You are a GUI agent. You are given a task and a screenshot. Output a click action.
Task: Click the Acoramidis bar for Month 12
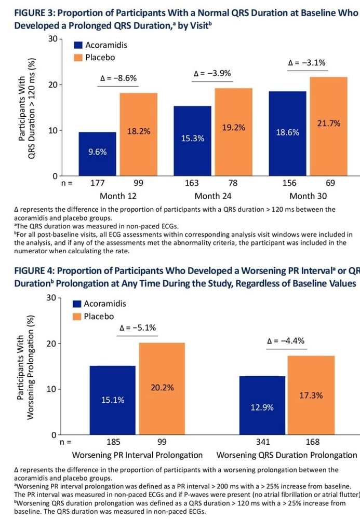(98, 154)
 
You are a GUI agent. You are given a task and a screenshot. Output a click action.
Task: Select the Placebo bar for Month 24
(234, 132)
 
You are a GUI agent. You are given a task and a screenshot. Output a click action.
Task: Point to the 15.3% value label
(193, 139)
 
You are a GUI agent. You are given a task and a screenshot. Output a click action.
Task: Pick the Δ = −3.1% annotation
(306, 63)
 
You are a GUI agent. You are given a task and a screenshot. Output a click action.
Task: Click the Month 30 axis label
(309, 196)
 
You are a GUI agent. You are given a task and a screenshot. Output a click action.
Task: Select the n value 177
(98, 183)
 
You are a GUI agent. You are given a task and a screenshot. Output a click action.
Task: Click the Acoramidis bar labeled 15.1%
(112, 400)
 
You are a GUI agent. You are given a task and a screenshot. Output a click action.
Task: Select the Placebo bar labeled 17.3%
(311, 395)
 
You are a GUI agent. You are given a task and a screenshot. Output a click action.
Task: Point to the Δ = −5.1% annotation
(138, 328)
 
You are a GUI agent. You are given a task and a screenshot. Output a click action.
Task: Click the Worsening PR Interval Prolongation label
(137, 455)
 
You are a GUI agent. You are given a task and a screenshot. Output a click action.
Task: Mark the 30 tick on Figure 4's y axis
(51, 297)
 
